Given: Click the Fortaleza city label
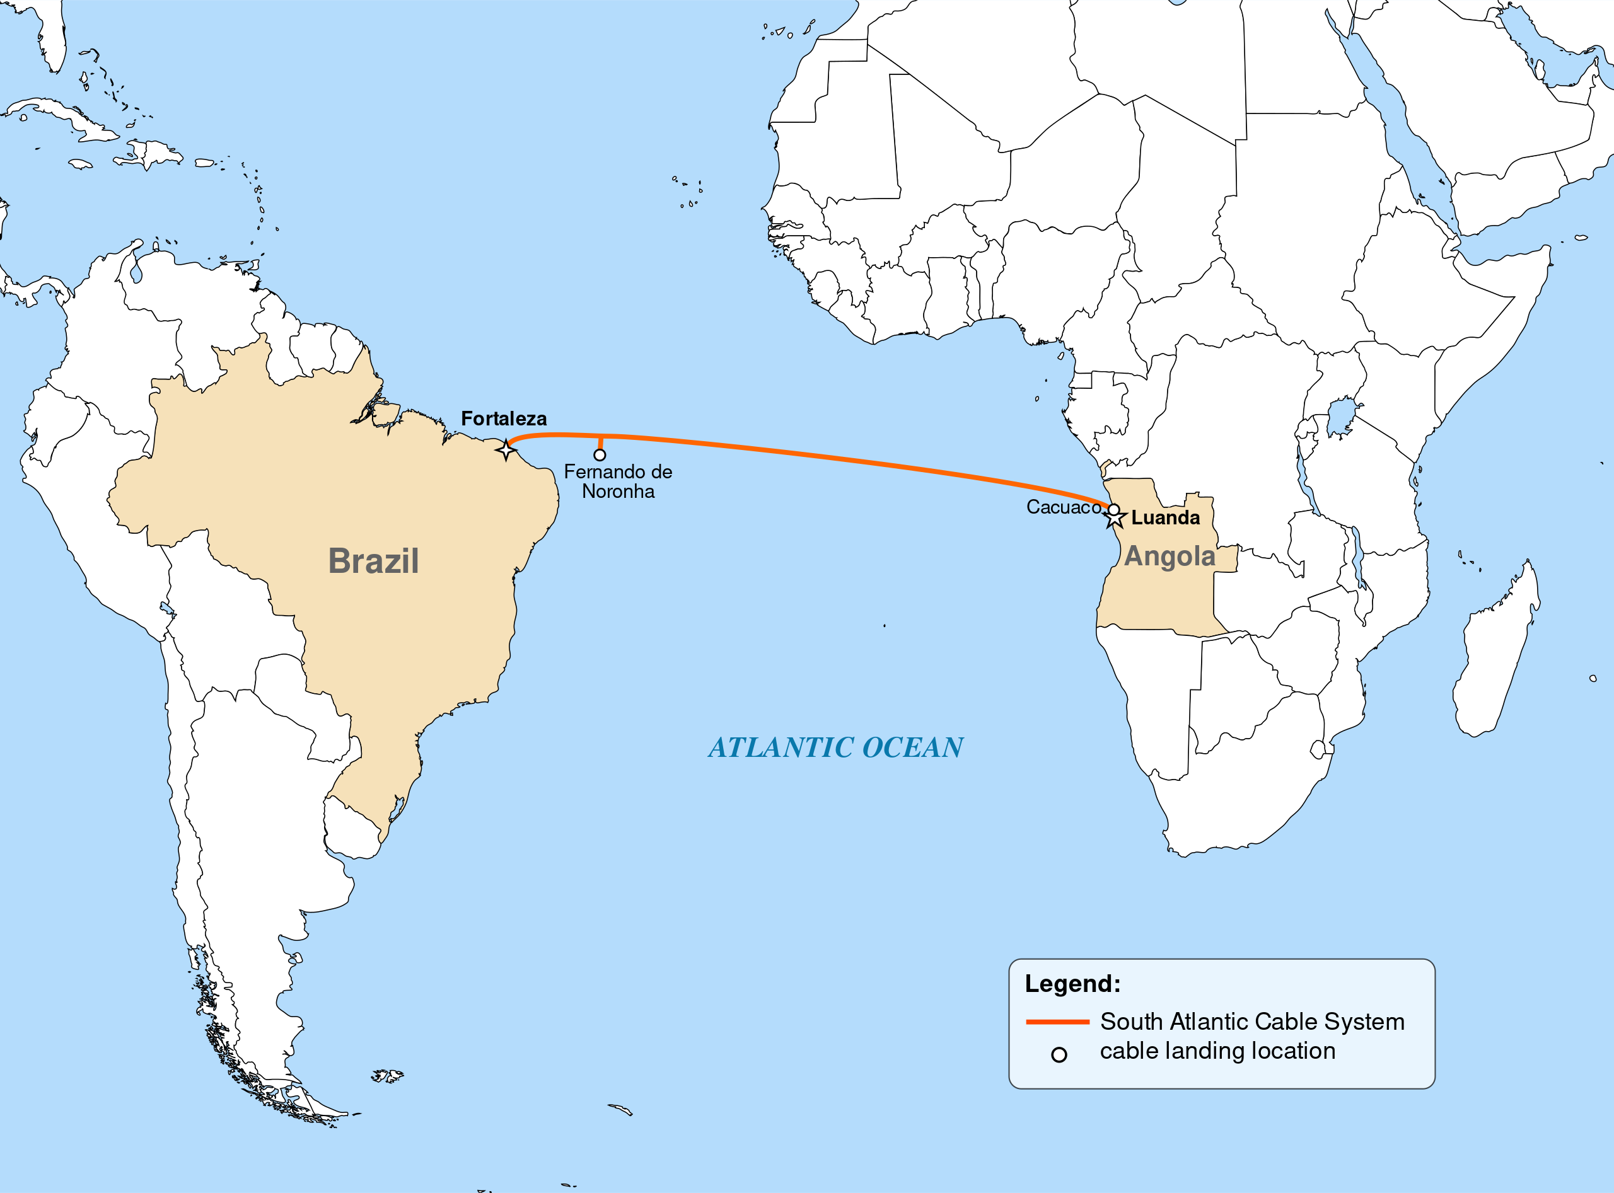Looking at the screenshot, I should (x=504, y=419).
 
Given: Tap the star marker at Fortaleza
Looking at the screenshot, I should (x=506, y=451).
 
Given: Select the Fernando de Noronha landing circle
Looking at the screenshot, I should (x=600, y=455).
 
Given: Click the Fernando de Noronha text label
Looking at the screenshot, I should (x=618, y=481).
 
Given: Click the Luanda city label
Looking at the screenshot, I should (x=1165, y=518).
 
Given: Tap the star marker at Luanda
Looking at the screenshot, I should (x=1115, y=517).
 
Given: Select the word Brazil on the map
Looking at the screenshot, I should (x=373, y=561).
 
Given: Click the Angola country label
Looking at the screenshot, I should (x=1170, y=556).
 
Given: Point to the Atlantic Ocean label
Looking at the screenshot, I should (x=836, y=747).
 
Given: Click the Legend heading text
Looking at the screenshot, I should (x=1072, y=984).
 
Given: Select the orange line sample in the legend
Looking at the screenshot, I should (x=1057, y=1022).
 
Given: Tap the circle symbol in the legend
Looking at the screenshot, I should (x=1059, y=1055).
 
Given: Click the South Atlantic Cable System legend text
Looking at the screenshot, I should (x=1252, y=1022).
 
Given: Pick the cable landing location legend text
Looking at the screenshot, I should (x=1217, y=1051).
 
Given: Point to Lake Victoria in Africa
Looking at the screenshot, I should (x=1342, y=417).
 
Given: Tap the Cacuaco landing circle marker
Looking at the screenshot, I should (x=1114, y=510).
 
